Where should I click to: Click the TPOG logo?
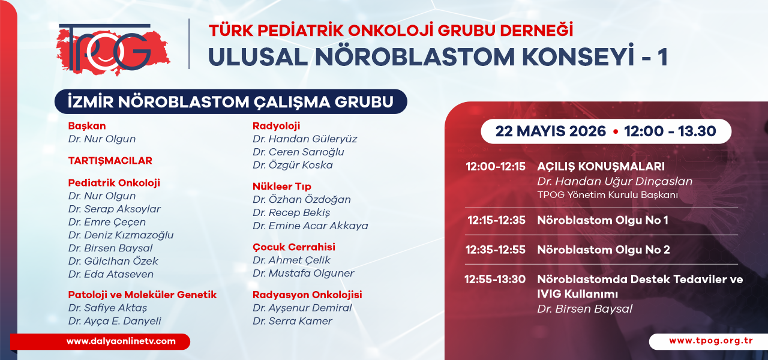point(113,49)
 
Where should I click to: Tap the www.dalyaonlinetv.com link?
point(121,341)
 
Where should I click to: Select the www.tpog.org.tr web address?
point(711,341)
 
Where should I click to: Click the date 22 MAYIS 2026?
point(551,131)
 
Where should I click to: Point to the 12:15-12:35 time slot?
point(496,220)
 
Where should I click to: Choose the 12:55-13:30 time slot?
point(495,279)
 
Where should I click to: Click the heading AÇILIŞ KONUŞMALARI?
point(601,167)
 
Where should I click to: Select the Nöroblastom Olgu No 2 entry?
point(604,250)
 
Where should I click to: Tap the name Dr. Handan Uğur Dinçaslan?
point(615,181)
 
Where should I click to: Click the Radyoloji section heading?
point(277,126)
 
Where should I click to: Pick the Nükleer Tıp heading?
point(282,187)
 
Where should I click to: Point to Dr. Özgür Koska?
point(292,165)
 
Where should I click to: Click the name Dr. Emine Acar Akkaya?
point(310,226)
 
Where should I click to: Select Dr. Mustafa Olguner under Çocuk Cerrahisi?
point(303,273)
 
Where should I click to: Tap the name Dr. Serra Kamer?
point(292,321)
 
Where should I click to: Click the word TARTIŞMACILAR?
point(110,161)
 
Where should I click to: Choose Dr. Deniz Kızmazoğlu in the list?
point(121,235)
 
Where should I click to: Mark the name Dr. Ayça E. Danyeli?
point(115,321)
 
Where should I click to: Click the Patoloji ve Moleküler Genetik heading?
point(142,295)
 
